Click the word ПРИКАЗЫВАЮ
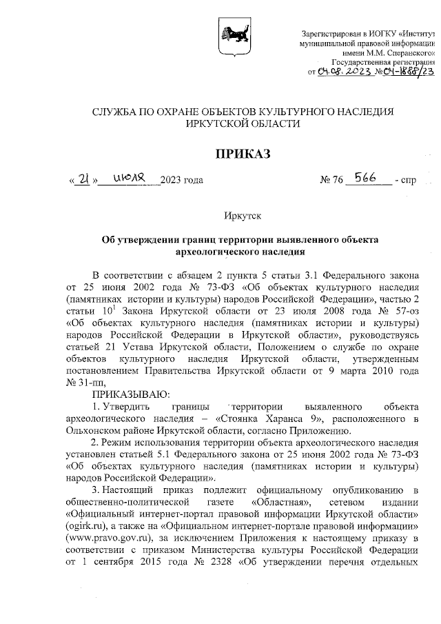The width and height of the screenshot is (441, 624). [x=127, y=394]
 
